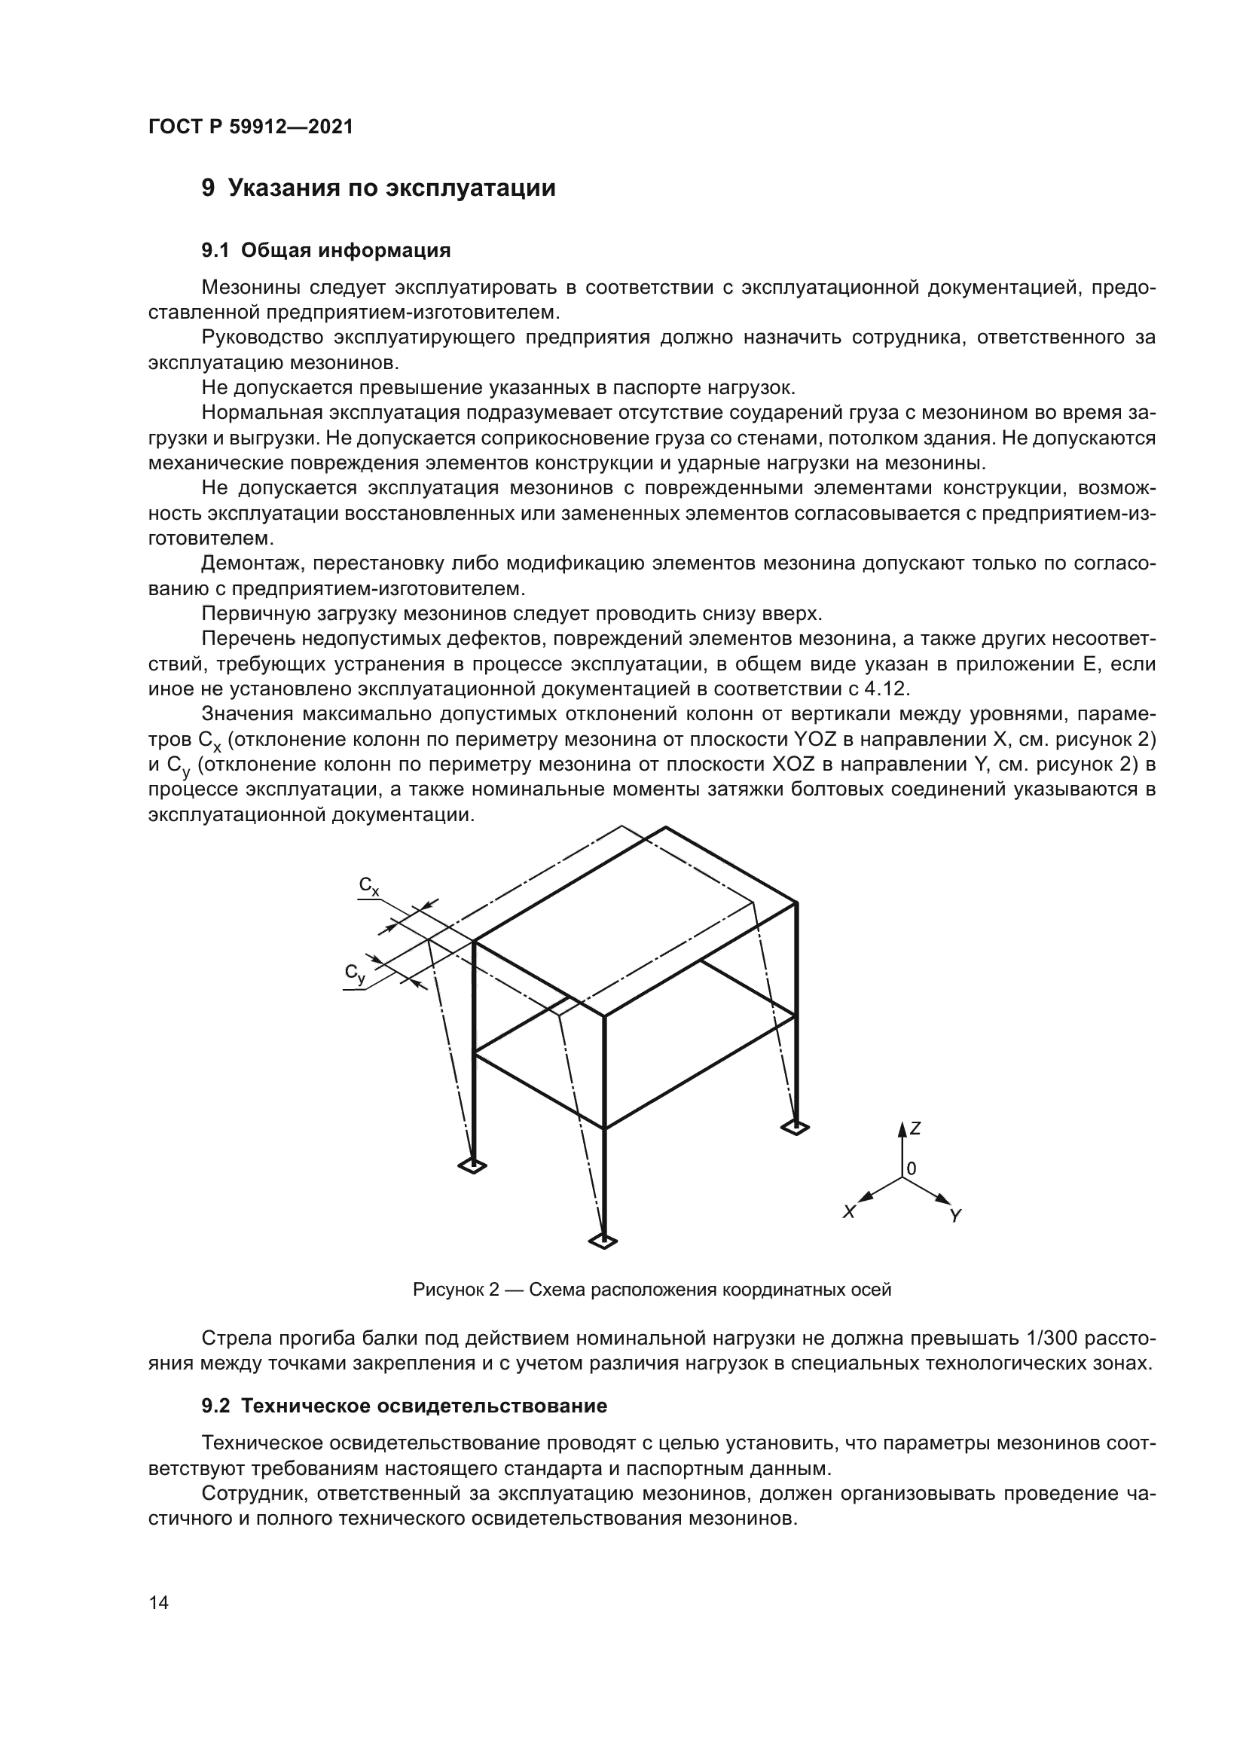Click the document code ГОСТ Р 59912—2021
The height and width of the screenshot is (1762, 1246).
click(x=251, y=127)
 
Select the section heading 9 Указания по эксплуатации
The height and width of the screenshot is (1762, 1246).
click(x=378, y=188)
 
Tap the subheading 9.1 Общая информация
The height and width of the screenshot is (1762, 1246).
click(x=326, y=250)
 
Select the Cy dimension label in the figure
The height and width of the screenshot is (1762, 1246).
click(x=355, y=974)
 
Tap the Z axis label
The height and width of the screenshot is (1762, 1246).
click(x=915, y=1129)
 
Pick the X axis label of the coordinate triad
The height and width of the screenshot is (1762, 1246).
click(x=848, y=1213)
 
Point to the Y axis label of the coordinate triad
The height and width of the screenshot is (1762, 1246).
click(x=955, y=1217)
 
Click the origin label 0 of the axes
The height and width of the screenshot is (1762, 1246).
click(x=912, y=1170)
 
